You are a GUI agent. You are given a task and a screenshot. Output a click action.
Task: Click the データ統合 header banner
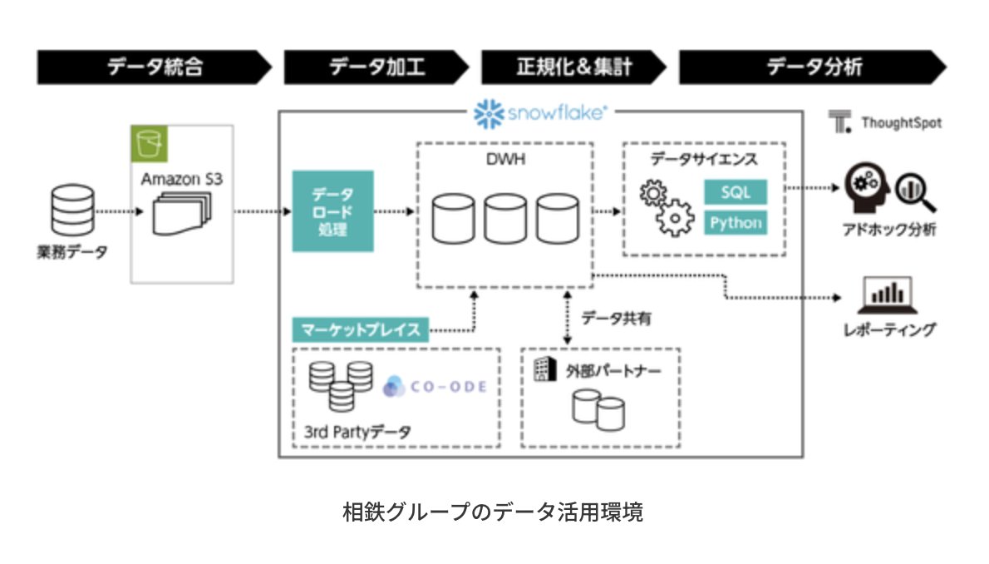(154, 67)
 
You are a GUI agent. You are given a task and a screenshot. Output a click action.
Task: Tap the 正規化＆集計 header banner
(573, 67)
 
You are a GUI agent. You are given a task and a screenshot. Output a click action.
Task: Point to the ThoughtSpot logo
(886, 122)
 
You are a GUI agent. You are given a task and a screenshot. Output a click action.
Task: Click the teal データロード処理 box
(332, 211)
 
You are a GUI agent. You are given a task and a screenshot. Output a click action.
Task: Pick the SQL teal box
(736, 192)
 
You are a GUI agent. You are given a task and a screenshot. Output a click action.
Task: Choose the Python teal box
(736, 223)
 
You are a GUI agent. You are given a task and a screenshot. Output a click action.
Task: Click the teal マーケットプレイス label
(360, 329)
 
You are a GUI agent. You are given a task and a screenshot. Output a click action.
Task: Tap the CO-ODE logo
(435, 387)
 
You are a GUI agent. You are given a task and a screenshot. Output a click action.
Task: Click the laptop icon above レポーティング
(888, 293)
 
